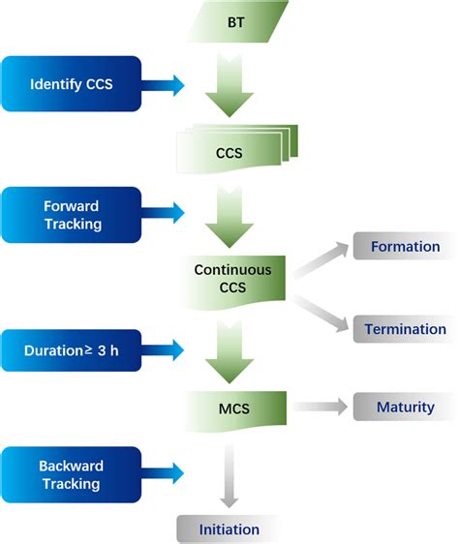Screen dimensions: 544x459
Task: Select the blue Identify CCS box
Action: (72, 83)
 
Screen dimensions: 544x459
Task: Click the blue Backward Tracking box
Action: (72, 471)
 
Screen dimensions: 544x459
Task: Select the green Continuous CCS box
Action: (232, 279)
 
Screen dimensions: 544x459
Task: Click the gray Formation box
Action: (404, 247)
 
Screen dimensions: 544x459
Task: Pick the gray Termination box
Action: (404, 329)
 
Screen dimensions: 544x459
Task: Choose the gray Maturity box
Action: (404, 408)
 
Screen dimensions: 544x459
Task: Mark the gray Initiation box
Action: (229, 529)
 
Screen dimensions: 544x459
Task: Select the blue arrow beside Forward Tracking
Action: (163, 211)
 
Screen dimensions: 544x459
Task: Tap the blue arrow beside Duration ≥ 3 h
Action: (163, 347)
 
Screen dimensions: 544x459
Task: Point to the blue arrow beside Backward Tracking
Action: (163, 471)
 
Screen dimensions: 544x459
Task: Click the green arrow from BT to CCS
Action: (229, 84)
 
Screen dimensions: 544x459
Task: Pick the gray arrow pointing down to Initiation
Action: (229, 474)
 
